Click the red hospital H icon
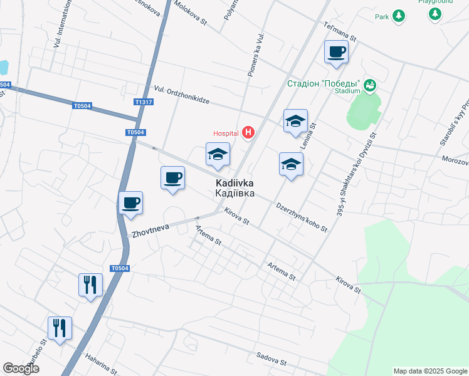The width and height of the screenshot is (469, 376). click(x=249, y=133)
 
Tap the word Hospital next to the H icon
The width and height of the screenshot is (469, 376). click(x=226, y=133)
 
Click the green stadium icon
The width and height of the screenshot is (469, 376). click(x=370, y=85)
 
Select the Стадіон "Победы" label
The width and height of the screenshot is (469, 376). click(x=323, y=83)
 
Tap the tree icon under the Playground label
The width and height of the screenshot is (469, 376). click(x=435, y=14)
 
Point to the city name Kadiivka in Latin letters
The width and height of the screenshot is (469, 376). click(x=235, y=183)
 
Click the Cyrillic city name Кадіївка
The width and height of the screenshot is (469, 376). click(x=235, y=194)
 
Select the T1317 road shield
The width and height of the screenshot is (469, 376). click(x=144, y=102)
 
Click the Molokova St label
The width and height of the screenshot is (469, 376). click(x=191, y=12)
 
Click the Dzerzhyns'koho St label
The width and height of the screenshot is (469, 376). click(x=302, y=217)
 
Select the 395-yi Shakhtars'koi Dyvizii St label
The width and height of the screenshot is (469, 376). click(x=357, y=174)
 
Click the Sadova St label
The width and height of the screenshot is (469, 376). click(x=271, y=359)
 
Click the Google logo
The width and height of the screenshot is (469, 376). click(x=21, y=368)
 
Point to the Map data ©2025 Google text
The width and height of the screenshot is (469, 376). click(x=429, y=371)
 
